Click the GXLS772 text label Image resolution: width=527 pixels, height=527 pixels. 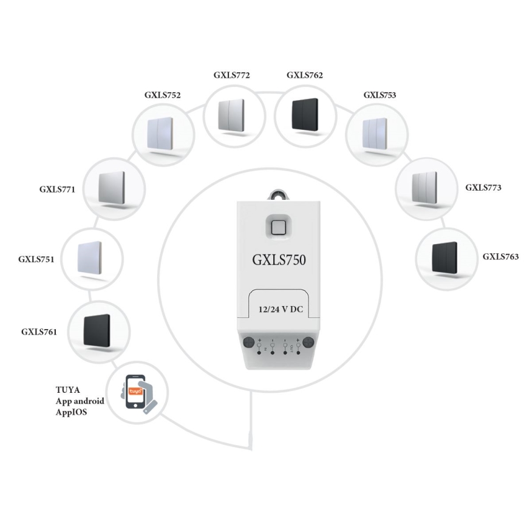231,76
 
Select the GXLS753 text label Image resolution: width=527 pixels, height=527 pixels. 379,95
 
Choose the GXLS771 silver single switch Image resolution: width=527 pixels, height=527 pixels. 114,188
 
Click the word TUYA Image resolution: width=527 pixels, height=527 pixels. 68,390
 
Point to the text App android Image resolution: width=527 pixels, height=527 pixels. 80,401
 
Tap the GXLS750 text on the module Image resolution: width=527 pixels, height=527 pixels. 279,260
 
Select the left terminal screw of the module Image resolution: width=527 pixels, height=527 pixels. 248,342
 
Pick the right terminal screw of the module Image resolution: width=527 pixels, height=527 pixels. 308,342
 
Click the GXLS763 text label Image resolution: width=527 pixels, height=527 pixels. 500,257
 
